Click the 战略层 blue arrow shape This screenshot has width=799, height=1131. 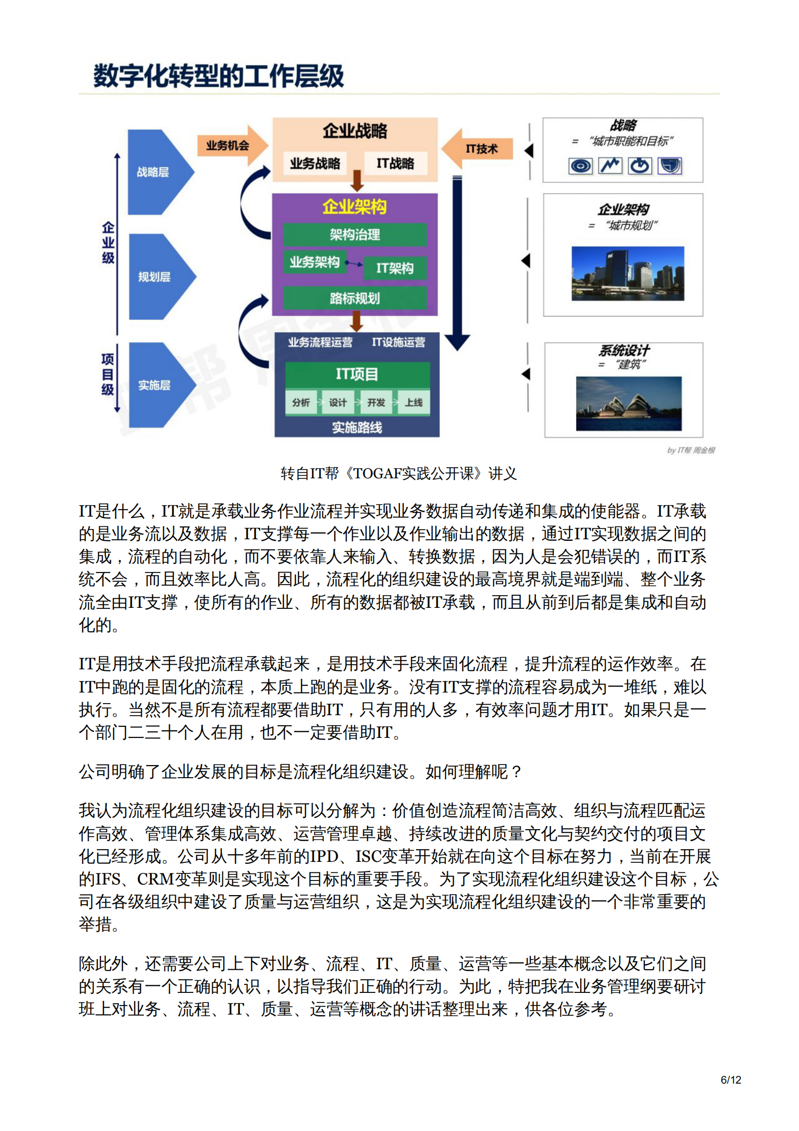156,172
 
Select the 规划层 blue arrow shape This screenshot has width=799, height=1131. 158,277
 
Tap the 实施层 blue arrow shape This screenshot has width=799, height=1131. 158,385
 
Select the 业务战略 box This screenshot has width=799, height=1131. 315,163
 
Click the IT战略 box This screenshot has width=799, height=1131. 395,163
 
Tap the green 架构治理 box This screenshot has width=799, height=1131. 355,234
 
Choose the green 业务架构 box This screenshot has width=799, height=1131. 315,262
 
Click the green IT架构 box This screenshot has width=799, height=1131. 395,268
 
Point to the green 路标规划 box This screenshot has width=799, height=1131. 355,298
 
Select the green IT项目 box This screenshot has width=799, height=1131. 357,374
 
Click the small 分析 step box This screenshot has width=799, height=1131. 301,402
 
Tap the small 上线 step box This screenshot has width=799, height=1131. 414,402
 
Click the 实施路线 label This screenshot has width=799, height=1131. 357,427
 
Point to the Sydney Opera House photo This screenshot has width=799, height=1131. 629,404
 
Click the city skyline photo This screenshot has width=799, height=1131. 628,273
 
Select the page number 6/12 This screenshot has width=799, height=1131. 730,1080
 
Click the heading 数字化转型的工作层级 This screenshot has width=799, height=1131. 219,76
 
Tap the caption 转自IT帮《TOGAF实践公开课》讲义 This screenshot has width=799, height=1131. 398,473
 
